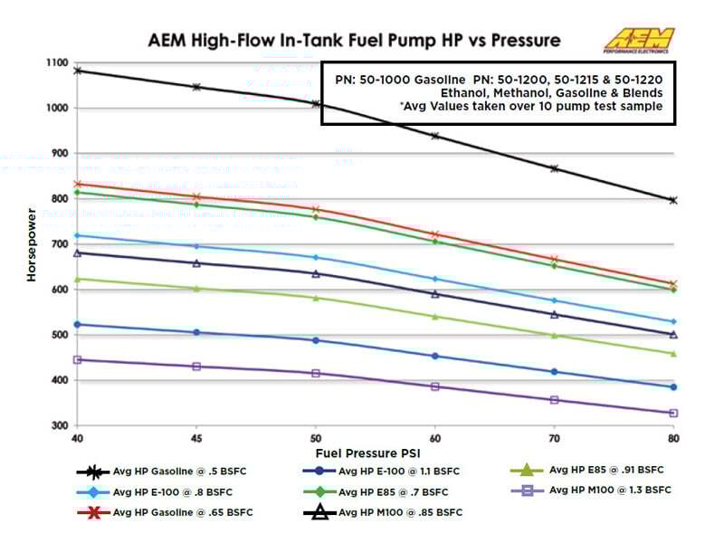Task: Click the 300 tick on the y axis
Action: point(59,425)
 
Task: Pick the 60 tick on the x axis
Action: point(434,437)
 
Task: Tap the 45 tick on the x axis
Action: point(195,437)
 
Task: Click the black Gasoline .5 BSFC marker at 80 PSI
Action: point(672,200)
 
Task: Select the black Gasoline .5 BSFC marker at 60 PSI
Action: point(434,136)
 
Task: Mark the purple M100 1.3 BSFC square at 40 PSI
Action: point(77,359)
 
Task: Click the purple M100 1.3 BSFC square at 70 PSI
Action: point(554,399)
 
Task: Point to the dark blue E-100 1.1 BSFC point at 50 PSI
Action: point(315,340)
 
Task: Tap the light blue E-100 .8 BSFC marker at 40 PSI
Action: point(77,235)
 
